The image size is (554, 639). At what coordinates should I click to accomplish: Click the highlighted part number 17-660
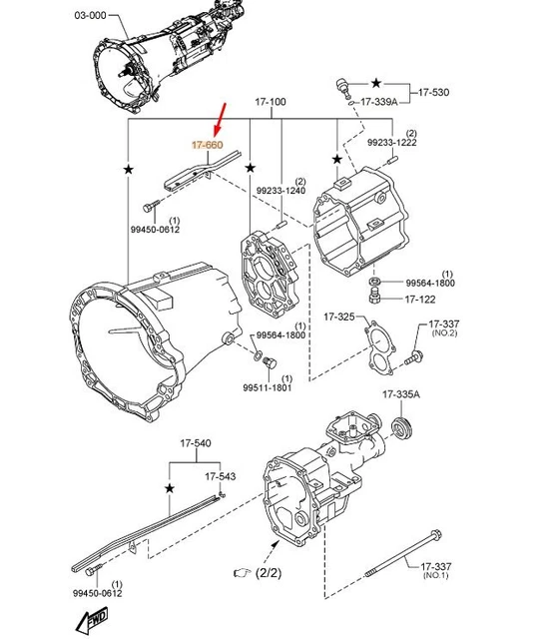pyautogui.click(x=208, y=145)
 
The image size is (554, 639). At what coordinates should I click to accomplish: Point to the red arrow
pyautogui.click(x=220, y=120)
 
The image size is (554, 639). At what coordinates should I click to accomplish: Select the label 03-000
pyautogui.click(x=90, y=16)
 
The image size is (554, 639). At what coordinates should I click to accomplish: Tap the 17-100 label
pyautogui.click(x=271, y=102)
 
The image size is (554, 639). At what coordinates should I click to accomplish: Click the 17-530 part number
pyautogui.click(x=434, y=93)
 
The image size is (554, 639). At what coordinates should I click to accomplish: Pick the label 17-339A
pyautogui.click(x=379, y=102)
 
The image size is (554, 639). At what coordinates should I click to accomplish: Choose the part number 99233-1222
pyautogui.click(x=392, y=142)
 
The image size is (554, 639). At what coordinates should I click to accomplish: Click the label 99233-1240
pyautogui.click(x=280, y=191)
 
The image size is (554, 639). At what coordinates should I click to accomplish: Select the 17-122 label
pyautogui.click(x=420, y=300)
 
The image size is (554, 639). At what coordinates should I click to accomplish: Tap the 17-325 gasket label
pyautogui.click(x=339, y=317)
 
